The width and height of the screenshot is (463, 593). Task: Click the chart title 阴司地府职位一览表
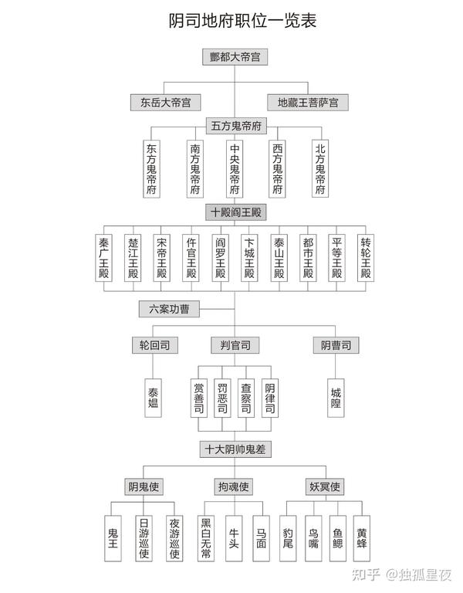(231, 21)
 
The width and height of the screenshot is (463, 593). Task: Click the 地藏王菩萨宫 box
(307, 101)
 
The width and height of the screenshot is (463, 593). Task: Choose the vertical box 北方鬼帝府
(320, 169)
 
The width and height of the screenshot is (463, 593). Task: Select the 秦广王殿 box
(104, 258)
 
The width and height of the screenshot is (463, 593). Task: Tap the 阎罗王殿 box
(220, 258)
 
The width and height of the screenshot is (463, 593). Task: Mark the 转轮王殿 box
(366, 258)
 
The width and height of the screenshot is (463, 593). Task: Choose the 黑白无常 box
(206, 538)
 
